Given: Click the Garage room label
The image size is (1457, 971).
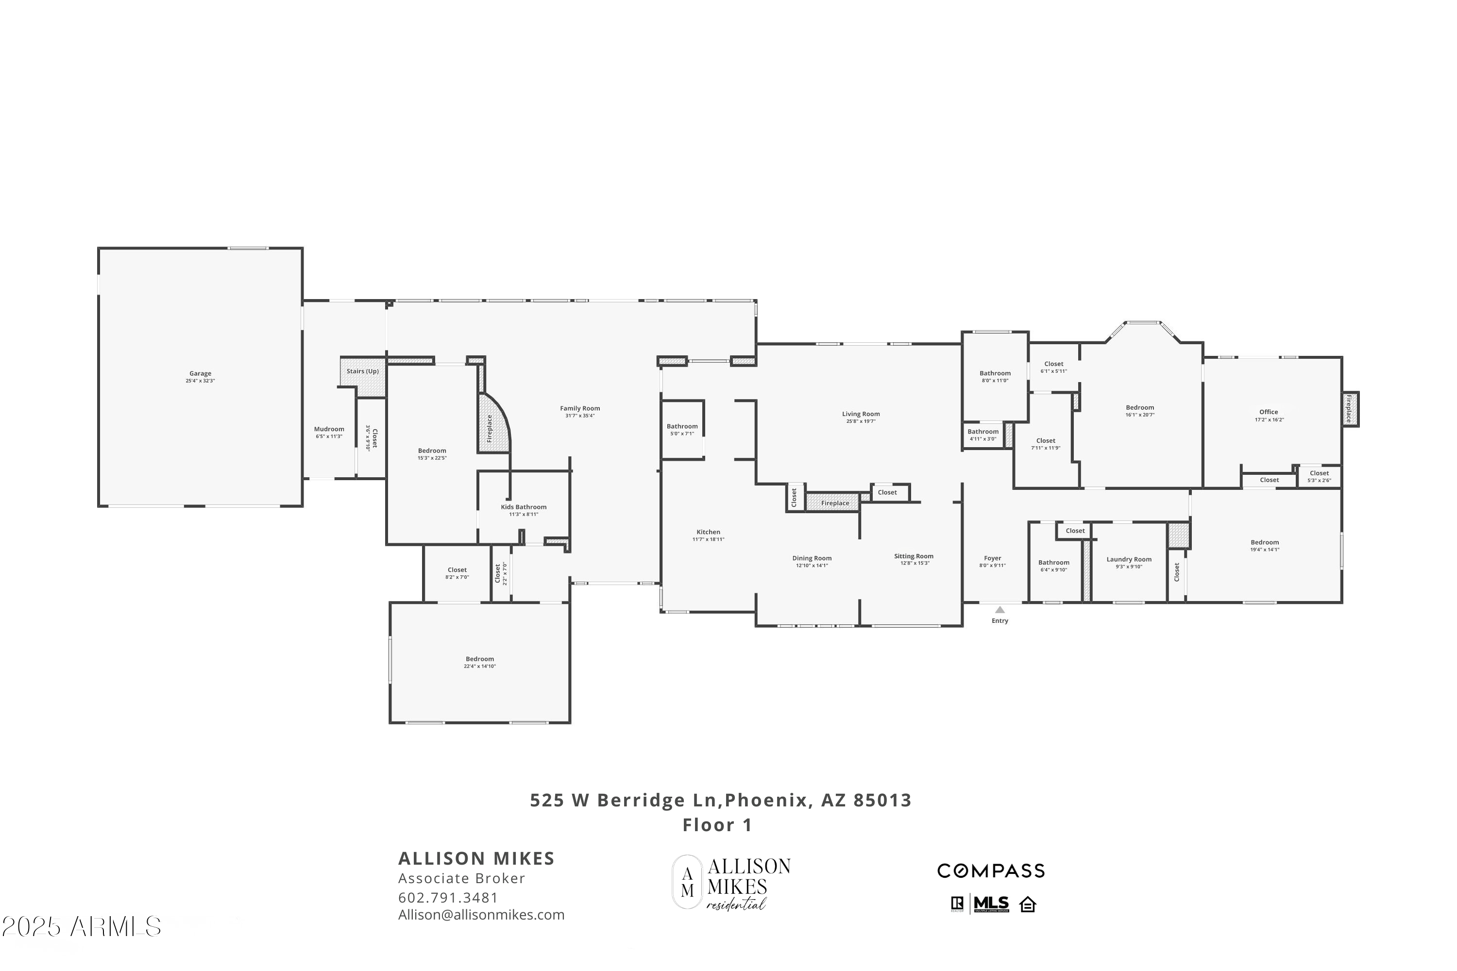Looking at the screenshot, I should [x=200, y=373].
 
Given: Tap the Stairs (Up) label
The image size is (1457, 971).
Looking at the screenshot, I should [x=362, y=371].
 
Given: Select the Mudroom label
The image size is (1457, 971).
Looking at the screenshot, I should [x=329, y=429].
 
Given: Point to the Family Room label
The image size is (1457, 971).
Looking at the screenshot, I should [x=580, y=409].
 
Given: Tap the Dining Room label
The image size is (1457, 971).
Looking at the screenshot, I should [x=812, y=558].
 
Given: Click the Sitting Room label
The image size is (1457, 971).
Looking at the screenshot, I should [x=914, y=556].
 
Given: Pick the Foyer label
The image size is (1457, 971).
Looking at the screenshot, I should [x=992, y=558].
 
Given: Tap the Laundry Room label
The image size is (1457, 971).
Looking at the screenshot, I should [x=1129, y=559].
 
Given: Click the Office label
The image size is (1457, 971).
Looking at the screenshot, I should [x=1268, y=412].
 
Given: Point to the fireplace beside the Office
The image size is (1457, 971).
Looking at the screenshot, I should [x=1351, y=409].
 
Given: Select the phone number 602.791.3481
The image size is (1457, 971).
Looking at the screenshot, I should [x=448, y=897].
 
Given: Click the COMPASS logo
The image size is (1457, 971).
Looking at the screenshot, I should [x=991, y=871].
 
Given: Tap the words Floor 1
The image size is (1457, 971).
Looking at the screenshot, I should [x=717, y=825].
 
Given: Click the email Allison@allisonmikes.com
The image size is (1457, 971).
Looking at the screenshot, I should [x=481, y=915].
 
